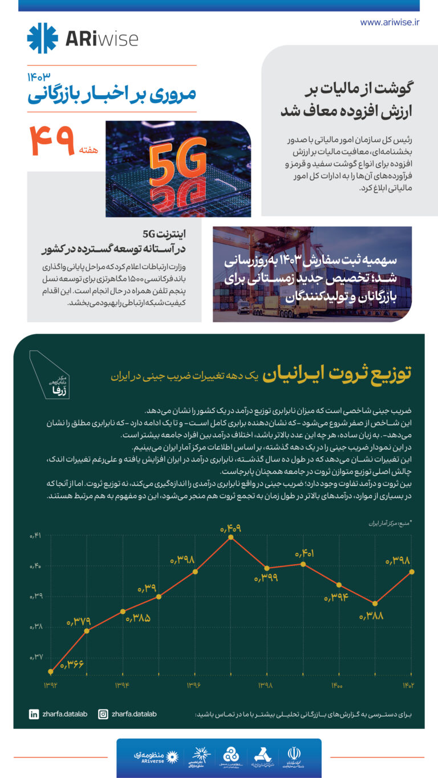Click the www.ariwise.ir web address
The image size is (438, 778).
(390, 22)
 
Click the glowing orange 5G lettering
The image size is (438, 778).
(178, 162)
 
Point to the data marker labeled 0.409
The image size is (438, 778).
(230, 536)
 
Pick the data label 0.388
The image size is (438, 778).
(371, 616)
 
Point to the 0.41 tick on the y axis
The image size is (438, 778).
(36, 536)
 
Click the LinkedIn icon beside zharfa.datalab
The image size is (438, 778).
(34, 714)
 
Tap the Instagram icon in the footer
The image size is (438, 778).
(103, 714)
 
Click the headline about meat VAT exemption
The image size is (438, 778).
(347, 99)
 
